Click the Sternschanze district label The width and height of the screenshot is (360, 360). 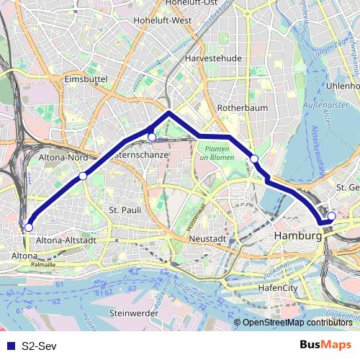click(143, 155)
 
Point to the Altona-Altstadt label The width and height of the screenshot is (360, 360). click(66, 239)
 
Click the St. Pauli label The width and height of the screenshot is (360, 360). click(122, 210)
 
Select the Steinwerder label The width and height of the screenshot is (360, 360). click(134, 313)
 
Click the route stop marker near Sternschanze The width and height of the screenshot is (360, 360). click(152, 137)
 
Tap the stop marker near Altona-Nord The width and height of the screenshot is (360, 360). click(83, 176)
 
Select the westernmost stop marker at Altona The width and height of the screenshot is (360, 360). click(29, 228)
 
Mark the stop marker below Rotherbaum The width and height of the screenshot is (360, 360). click(253, 158)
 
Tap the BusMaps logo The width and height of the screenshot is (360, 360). click(325, 346)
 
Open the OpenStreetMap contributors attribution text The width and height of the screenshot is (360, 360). click(297, 323)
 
